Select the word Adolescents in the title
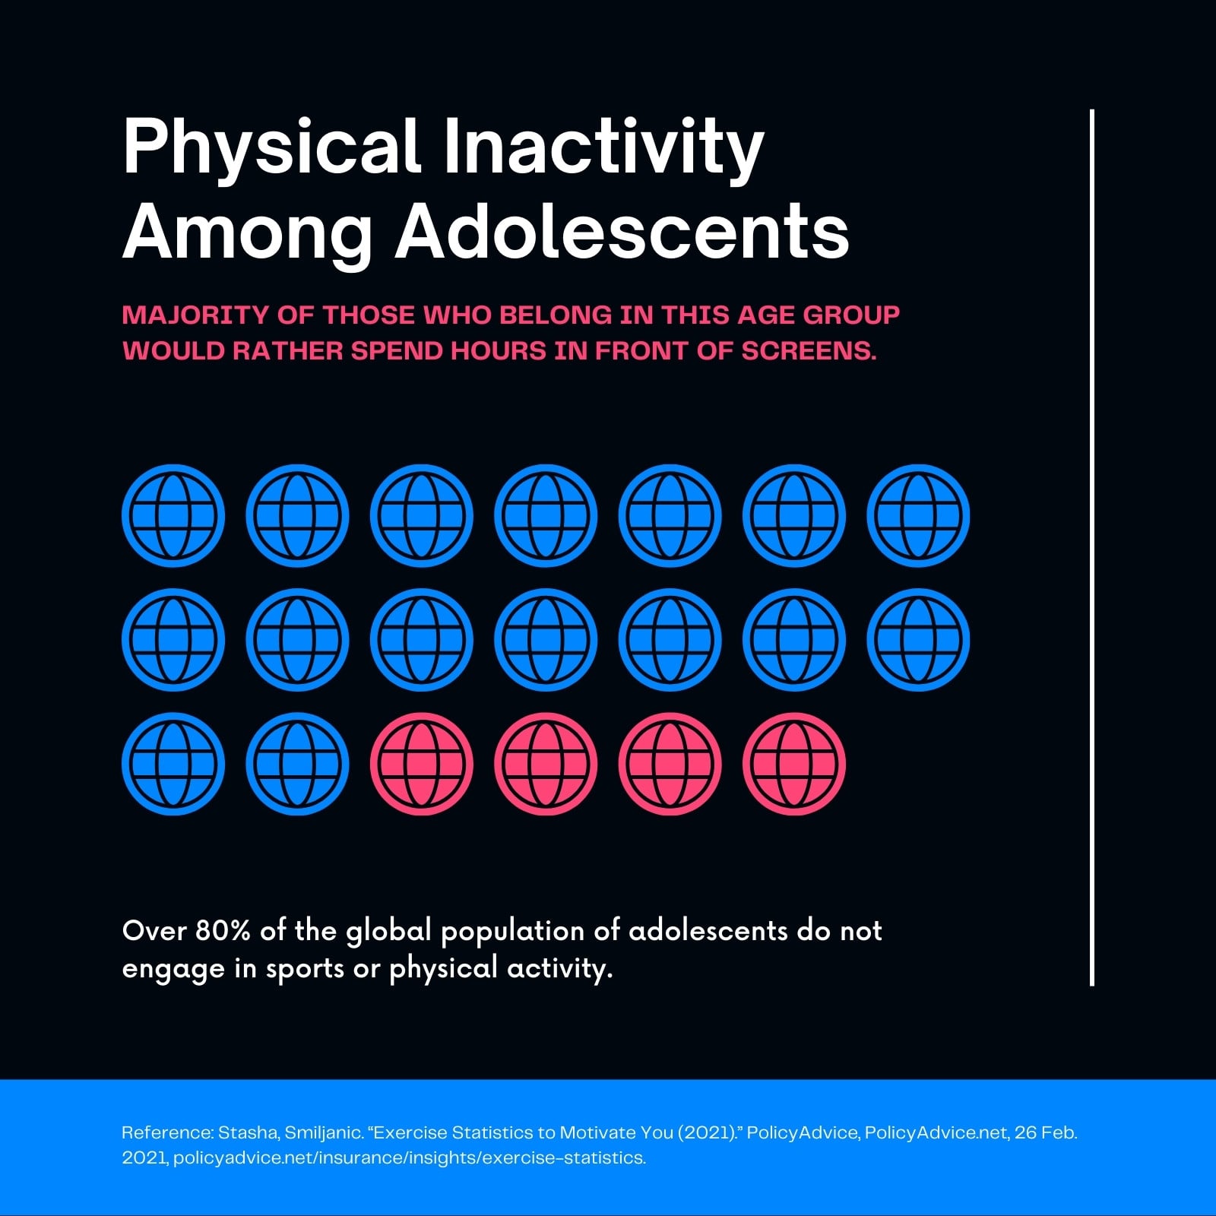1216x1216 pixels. click(622, 231)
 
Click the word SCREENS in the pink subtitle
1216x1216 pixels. click(809, 351)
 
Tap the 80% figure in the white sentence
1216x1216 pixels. click(223, 930)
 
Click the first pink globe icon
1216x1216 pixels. click(422, 764)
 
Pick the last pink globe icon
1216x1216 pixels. click(794, 764)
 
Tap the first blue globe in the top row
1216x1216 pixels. click(173, 516)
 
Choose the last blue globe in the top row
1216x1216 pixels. click(918, 516)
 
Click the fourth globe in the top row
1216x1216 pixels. click(546, 516)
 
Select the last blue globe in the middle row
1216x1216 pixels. click(918, 640)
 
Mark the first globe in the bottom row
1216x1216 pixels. click(173, 764)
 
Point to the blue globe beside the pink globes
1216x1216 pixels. click(297, 764)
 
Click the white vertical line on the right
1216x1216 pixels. click(1092, 547)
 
